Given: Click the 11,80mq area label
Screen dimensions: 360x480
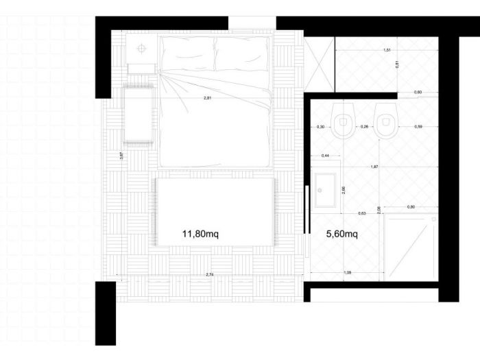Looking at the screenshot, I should (x=200, y=234).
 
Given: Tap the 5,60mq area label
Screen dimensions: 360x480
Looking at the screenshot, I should (x=341, y=234).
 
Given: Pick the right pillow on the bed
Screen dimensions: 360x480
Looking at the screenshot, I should (x=241, y=53).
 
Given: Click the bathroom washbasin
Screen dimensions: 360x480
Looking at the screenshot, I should (x=324, y=190).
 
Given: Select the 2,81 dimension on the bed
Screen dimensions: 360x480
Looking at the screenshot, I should (x=207, y=99).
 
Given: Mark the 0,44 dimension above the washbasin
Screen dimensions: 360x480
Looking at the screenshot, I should (x=325, y=156).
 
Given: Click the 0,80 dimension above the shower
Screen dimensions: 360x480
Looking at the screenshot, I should (x=411, y=206).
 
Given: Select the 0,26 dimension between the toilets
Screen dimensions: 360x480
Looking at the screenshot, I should (x=364, y=127).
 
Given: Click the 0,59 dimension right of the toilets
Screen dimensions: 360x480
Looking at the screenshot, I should (x=418, y=127).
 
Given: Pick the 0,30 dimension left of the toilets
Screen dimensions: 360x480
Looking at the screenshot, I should (x=320, y=127).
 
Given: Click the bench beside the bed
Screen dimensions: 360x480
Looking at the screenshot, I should (x=138, y=115).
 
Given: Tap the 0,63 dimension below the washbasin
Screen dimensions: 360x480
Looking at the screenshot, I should (x=362, y=213).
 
